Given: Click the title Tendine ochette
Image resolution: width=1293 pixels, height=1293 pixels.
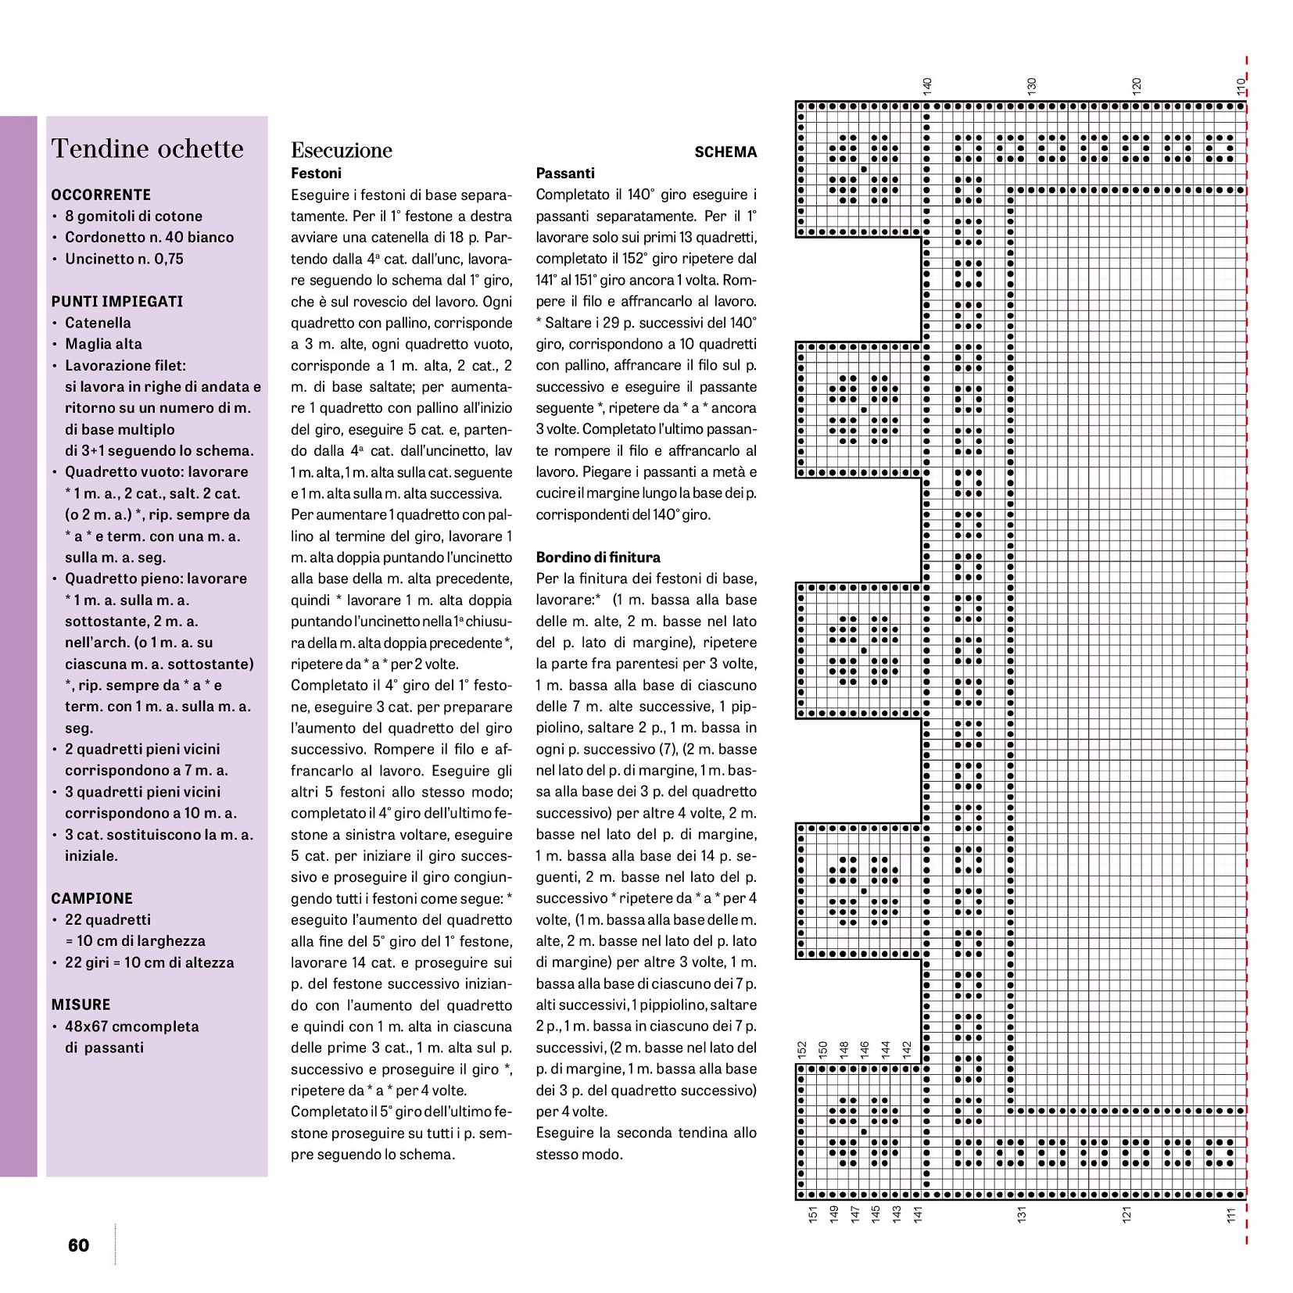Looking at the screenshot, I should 147,149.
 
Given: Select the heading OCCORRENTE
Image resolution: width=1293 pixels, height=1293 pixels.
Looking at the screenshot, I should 101,195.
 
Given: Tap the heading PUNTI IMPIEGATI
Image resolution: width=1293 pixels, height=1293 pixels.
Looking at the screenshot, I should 117,301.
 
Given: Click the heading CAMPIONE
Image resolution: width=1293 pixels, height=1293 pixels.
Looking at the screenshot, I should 92,898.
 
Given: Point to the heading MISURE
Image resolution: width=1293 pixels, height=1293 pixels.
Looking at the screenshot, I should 81,1005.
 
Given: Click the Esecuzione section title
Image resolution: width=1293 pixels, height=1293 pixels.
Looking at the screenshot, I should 342,150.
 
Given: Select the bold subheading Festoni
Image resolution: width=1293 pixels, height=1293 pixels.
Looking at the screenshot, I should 316,174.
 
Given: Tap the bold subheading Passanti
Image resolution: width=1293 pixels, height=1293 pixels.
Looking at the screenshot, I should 565,174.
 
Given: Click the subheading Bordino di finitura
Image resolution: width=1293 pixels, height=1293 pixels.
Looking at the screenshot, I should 598,557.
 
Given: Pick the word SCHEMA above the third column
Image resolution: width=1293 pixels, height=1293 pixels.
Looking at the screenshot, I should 725,152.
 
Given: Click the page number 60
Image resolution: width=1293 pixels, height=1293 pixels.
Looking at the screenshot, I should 79,1245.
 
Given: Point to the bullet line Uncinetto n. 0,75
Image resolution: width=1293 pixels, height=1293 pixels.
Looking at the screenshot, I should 124,259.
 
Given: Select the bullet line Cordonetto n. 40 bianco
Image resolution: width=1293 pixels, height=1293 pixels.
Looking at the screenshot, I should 149,237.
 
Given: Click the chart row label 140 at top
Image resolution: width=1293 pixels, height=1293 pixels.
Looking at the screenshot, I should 927,86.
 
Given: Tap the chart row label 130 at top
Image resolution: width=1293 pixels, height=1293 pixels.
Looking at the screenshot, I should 1031,86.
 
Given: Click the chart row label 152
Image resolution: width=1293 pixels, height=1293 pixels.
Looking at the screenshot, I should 801,1049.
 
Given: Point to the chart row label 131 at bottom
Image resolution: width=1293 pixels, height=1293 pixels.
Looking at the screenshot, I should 1021,1214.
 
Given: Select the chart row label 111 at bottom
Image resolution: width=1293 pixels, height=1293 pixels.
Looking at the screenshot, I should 1231,1214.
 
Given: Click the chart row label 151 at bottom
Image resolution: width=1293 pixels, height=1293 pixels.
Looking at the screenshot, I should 812,1214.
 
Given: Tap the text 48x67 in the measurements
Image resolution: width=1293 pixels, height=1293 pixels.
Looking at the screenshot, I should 86,1026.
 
